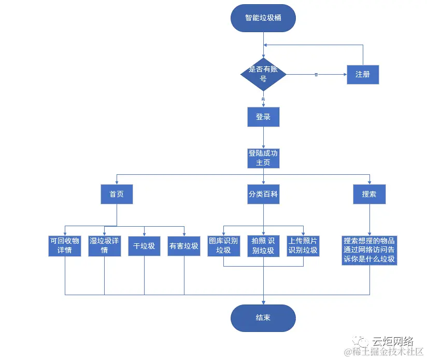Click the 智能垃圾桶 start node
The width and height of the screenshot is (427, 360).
click(263, 18)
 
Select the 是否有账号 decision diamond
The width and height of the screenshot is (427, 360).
click(263, 75)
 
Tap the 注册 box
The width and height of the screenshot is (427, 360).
click(363, 75)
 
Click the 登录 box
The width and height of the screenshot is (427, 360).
click(263, 117)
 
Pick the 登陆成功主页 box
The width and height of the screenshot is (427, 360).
click(263, 158)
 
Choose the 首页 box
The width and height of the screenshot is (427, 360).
click(117, 195)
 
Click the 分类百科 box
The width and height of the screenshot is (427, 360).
click(263, 195)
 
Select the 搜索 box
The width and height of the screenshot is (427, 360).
click(369, 195)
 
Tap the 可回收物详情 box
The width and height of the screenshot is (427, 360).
click(65, 245)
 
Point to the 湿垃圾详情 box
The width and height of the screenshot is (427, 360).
click(104, 245)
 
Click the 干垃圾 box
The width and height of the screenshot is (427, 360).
click(144, 245)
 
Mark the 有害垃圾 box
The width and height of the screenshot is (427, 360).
click(184, 245)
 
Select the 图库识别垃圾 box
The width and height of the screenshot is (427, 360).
click(223, 245)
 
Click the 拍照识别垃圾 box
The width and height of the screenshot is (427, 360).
click(263, 245)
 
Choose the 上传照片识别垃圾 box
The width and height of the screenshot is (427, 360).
click(303, 245)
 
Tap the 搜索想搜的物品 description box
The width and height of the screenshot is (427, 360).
click(369, 251)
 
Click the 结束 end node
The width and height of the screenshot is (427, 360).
click(263, 318)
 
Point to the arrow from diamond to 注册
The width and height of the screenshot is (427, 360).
click(316, 75)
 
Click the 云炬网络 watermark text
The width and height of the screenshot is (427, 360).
click(392, 341)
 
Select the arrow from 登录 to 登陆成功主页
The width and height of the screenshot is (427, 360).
click(263, 137)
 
